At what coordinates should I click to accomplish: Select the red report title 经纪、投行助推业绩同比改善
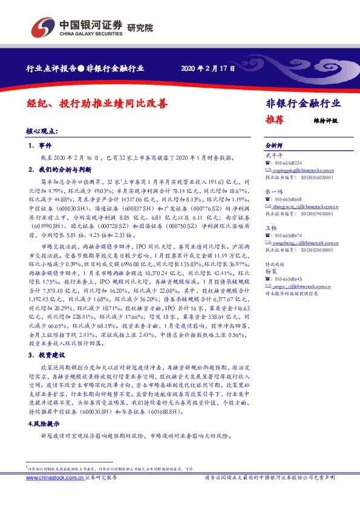[97, 103]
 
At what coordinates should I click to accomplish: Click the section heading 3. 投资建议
[47, 355]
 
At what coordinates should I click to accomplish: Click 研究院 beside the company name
[140, 27]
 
